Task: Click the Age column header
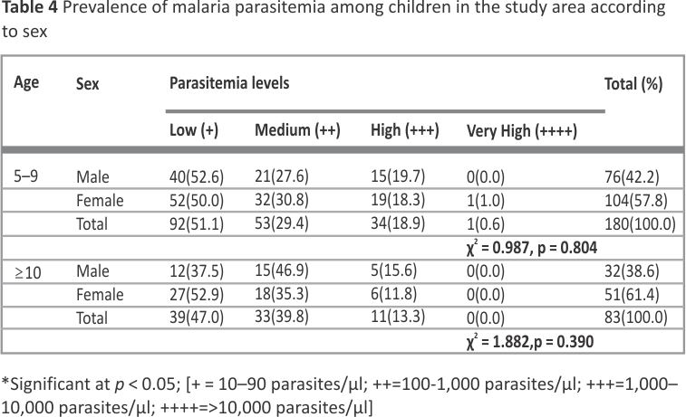26,82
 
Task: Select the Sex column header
88,83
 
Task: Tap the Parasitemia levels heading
229,82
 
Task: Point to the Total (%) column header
633,83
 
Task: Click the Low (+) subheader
194,130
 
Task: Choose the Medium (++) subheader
297,130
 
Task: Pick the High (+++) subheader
405,130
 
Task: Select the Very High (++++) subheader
521,130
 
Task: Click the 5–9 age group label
25,176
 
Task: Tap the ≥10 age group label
28,273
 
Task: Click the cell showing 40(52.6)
197,177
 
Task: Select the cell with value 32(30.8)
282,200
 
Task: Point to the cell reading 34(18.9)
398,223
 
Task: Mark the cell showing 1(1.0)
485,201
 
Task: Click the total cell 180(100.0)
640,224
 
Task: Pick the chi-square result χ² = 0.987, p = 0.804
532,248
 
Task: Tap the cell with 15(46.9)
282,270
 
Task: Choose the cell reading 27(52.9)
197,295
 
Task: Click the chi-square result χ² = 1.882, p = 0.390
530,341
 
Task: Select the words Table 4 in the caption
30,7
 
